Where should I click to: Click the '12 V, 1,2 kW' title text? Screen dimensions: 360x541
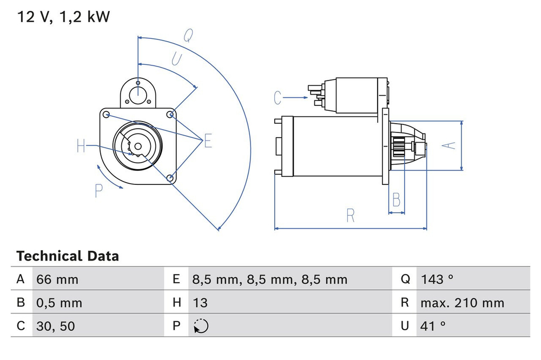pyautogui.click(x=63, y=17)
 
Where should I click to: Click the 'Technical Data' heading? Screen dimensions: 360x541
pyautogui.click(x=68, y=256)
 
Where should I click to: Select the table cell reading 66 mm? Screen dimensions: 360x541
pyautogui.click(x=57, y=279)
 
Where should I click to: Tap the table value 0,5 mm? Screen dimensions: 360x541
pyautogui.click(x=59, y=303)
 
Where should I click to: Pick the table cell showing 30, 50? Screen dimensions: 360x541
pyautogui.click(x=56, y=326)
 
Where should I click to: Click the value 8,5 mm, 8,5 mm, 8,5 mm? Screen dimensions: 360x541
pyautogui.click(x=269, y=279)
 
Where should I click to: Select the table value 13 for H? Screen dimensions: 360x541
pyautogui.click(x=200, y=303)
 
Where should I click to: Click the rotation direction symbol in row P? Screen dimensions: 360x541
pyautogui.click(x=200, y=326)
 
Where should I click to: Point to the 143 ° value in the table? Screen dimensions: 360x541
pyautogui.click(x=437, y=279)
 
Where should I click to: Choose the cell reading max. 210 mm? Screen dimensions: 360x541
pyautogui.click(x=462, y=303)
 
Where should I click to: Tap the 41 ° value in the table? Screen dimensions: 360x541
pyautogui.click(x=433, y=326)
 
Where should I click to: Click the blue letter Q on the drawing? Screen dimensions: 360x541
pyautogui.click(x=187, y=36)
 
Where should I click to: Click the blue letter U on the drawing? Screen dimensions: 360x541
pyautogui.click(x=176, y=59)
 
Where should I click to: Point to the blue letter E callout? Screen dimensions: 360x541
pyautogui.click(x=208, y=142)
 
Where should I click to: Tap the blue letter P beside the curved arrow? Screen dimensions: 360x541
pyautogui.click(x=98, y=190)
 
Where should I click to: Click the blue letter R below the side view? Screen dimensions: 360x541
pyautogui.click(x=351, y=216)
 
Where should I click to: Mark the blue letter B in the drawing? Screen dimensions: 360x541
pyautogui.click(x=396, y=199)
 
